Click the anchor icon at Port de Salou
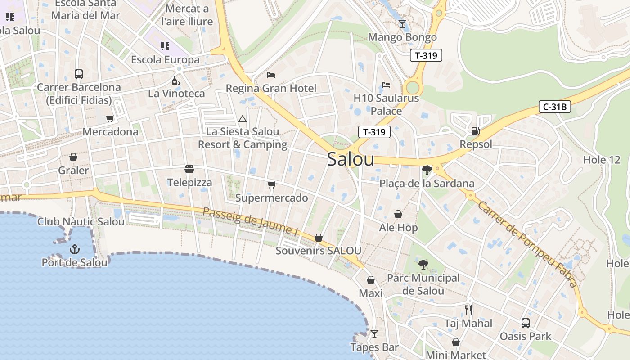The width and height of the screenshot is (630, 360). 74,249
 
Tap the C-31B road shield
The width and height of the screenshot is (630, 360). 555,107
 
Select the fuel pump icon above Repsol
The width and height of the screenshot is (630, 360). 475,131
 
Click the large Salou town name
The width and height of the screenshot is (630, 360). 351,159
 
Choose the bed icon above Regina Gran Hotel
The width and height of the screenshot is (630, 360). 271,75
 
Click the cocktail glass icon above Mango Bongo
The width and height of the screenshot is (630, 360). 402,24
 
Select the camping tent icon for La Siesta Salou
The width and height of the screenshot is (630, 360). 243,119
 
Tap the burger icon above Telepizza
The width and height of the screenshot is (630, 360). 189,169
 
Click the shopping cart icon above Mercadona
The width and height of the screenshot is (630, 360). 110,118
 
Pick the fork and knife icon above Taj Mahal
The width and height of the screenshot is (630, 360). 468,310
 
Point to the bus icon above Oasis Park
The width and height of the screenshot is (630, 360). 525,323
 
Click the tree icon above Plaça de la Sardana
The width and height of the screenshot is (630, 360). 427,170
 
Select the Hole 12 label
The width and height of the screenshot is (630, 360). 601,160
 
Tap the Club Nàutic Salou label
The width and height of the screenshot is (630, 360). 81,221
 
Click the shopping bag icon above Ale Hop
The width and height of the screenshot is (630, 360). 398,214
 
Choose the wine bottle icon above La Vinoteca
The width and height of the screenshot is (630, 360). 176,81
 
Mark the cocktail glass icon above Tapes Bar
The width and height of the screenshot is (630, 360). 374,334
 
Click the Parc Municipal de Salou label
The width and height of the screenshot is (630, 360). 423,284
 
